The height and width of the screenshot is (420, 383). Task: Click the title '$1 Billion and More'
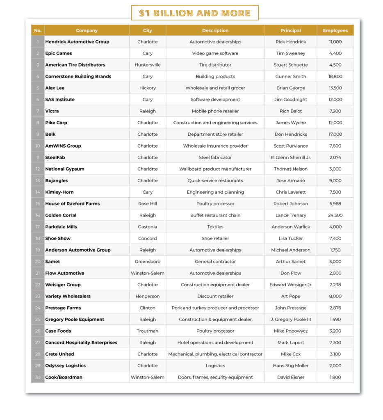pyautogui.click(x=195, y=13)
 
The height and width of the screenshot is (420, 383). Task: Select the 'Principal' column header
pyautogui.click(x=291, y=30)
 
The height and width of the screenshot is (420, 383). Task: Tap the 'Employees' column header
pyautogui.click(x=335, y=30)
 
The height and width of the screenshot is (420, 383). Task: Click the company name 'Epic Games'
pyautogui.click(x=59, y=53)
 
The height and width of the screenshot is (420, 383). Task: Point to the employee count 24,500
pyautogui.click(x=335, y=215)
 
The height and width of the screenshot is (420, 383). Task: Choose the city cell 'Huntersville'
pyautogui.click(x=148, y=65)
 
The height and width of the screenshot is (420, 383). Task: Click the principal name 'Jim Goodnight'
pyautogui.click(x=291, y=100)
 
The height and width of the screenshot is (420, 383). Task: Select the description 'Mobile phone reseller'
pyautogui.click(x=215, y=111)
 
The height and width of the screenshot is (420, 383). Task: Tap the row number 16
pyautogui.click(x=38, y=215)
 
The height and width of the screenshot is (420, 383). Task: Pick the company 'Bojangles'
pyautogui.click(x=57, y=180)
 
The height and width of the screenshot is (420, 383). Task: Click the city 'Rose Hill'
pyautogui.click(x=148, y=204)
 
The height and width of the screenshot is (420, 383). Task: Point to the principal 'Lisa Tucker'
pyautogui.click(x=291, y=238)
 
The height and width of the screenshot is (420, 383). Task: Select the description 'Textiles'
pyautogui.click(x=215, y=227)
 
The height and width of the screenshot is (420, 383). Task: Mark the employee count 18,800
pyautogui.click(x=335, y=76)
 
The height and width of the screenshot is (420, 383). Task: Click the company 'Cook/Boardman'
pyautogui.click(x=64, y=377)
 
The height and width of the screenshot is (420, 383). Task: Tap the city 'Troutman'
pyautogui.click(x=148, y=331)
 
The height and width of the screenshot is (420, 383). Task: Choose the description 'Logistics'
pyautogui.click(x=215, y=366)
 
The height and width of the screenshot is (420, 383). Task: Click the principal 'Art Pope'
pyautogui.click(x=291, y=296)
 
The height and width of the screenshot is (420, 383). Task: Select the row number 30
pyautogui.click(x=38, y=377)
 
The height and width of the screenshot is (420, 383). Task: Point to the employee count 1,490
pyautogui.click(x=335, y=320)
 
